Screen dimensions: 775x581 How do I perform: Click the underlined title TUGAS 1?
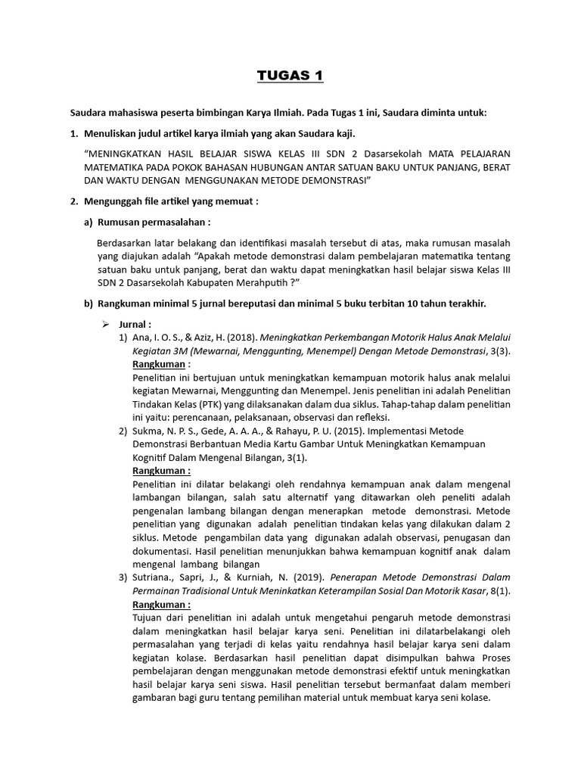(x=290, y=76)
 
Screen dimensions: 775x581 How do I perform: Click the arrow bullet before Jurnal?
(x=107, y=324)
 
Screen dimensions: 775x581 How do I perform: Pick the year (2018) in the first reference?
(x=236, y=337)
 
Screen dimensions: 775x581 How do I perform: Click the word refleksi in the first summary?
(x=368, y=417)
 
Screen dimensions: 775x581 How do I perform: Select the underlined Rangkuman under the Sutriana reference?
(x=161, y=605)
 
